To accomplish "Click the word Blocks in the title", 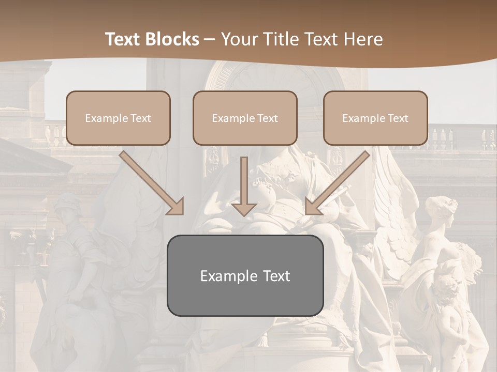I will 171,39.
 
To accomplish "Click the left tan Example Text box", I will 118,118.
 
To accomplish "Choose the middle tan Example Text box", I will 245,118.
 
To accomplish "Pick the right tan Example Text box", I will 375,118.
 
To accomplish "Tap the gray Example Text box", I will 245,275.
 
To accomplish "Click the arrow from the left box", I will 150,181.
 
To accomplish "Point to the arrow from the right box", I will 339,181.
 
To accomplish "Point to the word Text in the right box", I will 398,118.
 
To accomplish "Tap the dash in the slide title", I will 210,39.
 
